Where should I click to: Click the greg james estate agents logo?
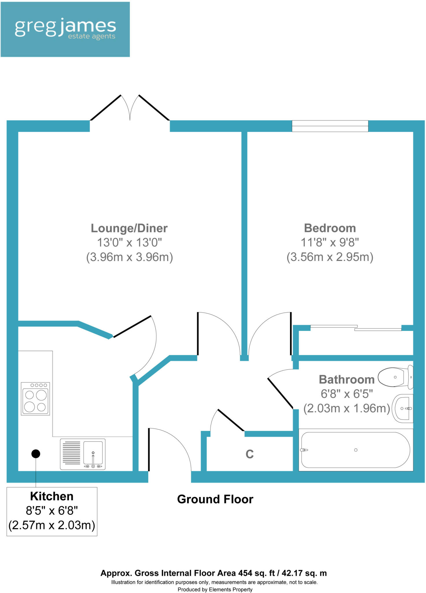65,29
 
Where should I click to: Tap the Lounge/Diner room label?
129,228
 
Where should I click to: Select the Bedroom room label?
330,228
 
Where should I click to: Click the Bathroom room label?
346,379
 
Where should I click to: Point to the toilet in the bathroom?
396,377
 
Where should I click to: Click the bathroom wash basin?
403,408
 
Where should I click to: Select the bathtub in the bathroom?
355,450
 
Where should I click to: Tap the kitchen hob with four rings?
35,399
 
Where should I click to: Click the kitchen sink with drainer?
82,454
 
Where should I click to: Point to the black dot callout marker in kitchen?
36,454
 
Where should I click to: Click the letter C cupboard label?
249,454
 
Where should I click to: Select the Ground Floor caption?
215,499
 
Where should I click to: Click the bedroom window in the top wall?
330,126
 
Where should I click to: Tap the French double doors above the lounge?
130,109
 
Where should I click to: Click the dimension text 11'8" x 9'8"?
330,242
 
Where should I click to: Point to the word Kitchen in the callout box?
52,496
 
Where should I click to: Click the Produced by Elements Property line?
215,589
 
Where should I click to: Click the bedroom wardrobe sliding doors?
356,328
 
